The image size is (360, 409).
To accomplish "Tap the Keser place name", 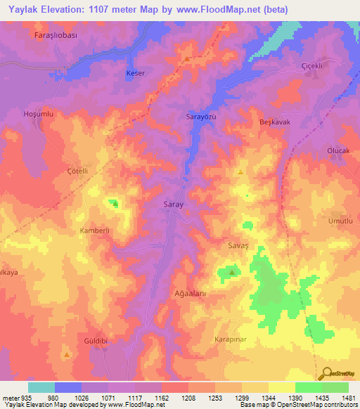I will coord(134,73).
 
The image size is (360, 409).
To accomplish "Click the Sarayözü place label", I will coord(200,116).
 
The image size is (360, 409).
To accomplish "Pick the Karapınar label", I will coord(230,338).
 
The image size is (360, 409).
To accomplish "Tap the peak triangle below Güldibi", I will coord(67,356).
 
